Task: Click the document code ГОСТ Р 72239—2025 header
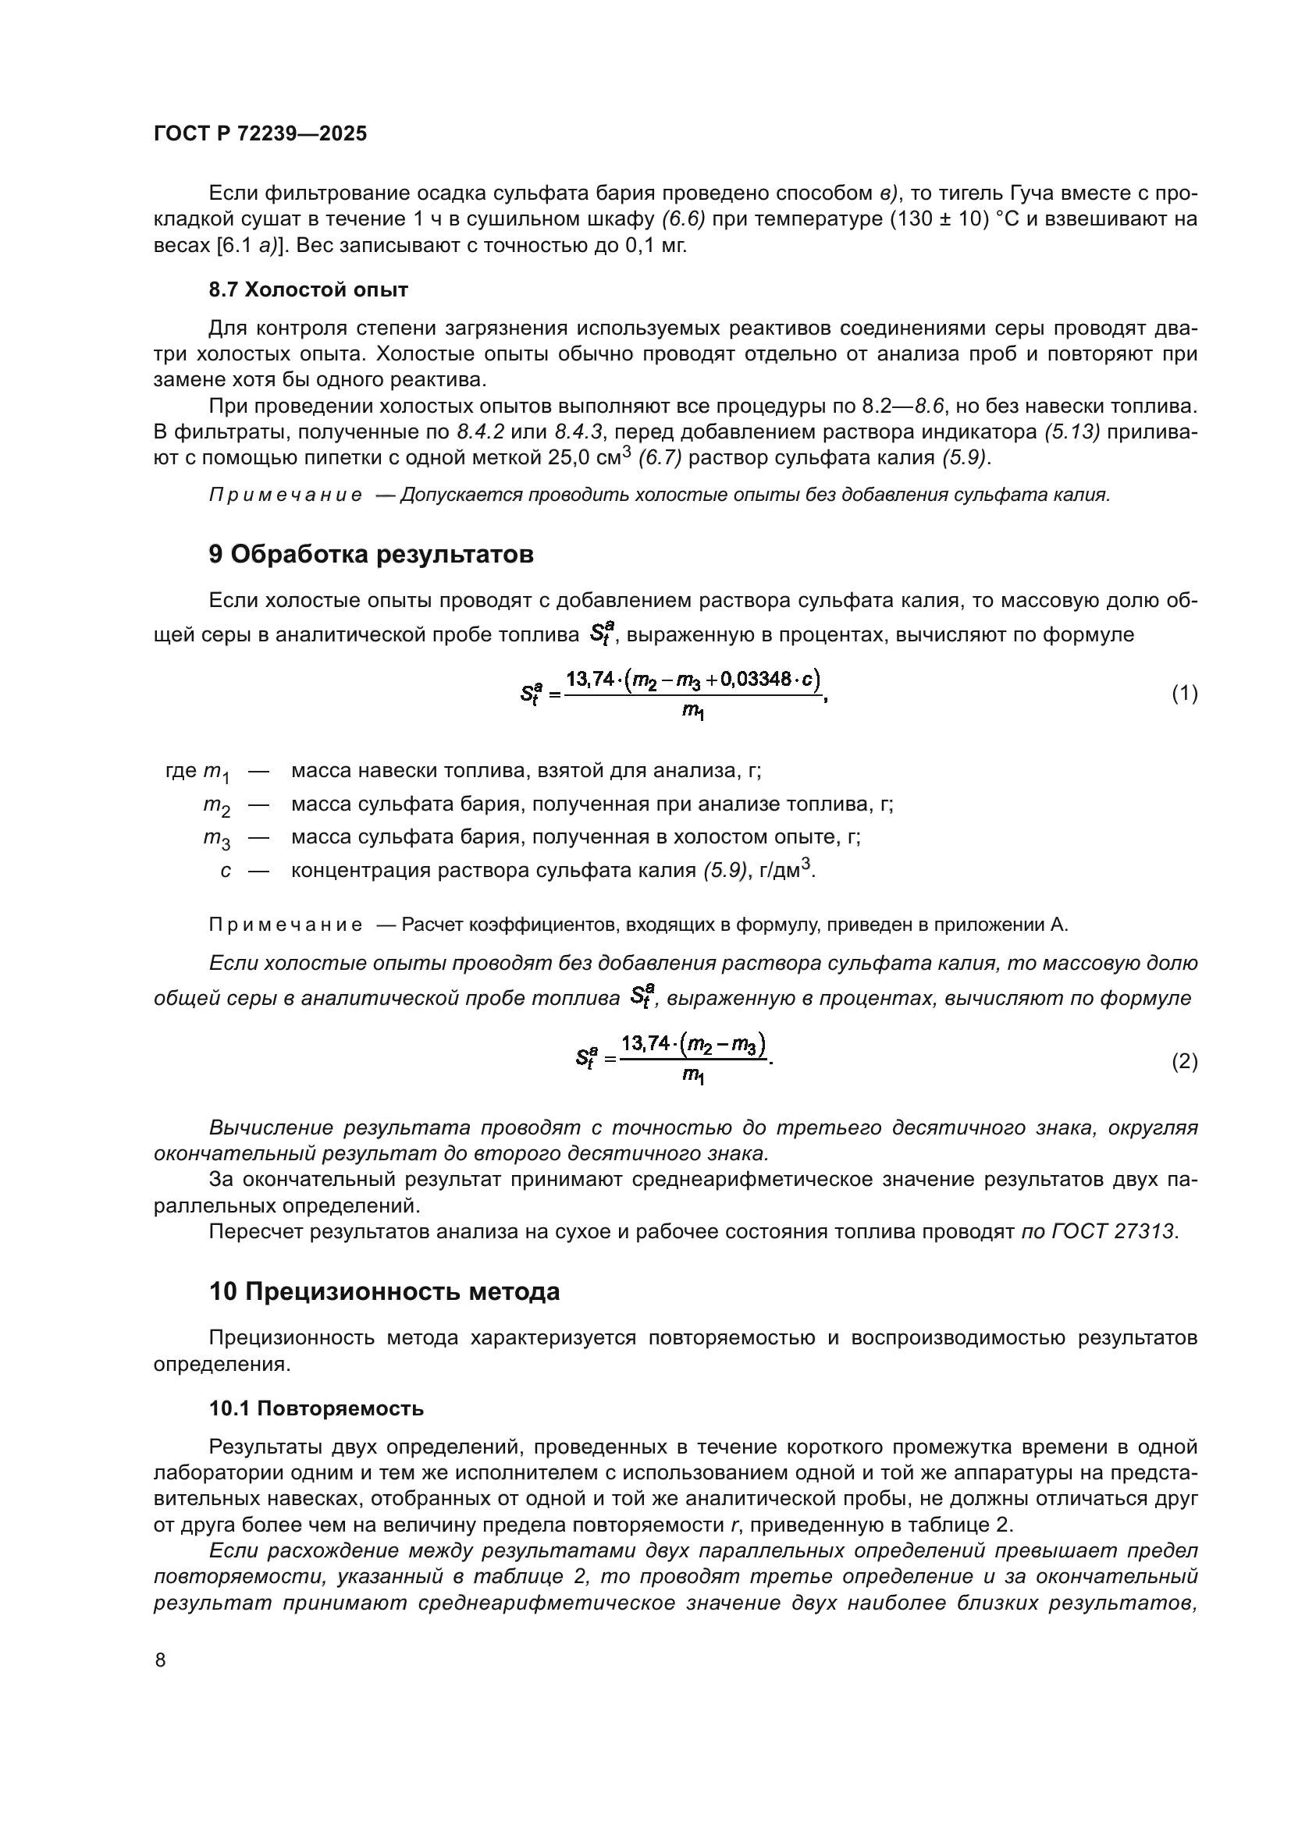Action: (260, 133)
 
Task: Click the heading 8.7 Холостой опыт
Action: (308, 290)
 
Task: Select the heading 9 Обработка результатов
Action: (372, 554)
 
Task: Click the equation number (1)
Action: (1185, 694)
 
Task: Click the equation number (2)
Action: (1185, 1062)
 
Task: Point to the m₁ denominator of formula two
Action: (693, 1078)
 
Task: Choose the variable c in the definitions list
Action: (226, 872)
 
